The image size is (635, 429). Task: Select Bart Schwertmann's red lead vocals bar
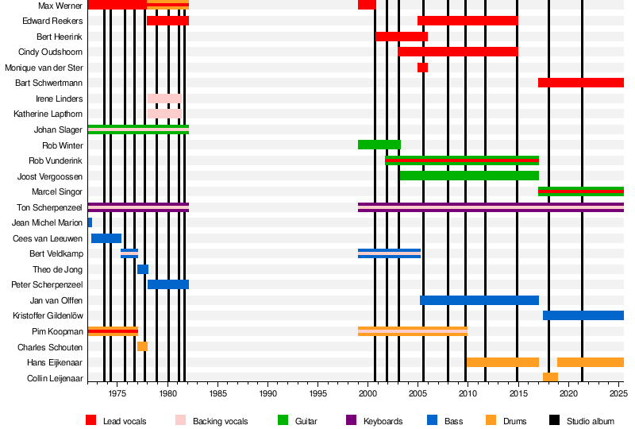580,83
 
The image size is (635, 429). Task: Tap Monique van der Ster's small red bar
422,68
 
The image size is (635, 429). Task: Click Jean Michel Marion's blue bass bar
90,222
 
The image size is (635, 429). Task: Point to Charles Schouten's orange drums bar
142,346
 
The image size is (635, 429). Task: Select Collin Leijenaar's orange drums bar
550,377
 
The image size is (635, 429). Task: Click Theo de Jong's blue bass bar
143,269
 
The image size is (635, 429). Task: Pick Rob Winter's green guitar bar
379,145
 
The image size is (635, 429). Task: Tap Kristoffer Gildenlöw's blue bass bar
583,315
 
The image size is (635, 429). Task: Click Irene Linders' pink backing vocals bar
164,99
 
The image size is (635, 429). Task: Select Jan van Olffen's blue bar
479,300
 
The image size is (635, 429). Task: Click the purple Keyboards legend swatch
351,420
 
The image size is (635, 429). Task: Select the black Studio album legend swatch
553,420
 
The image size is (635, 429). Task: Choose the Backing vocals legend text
220,421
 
